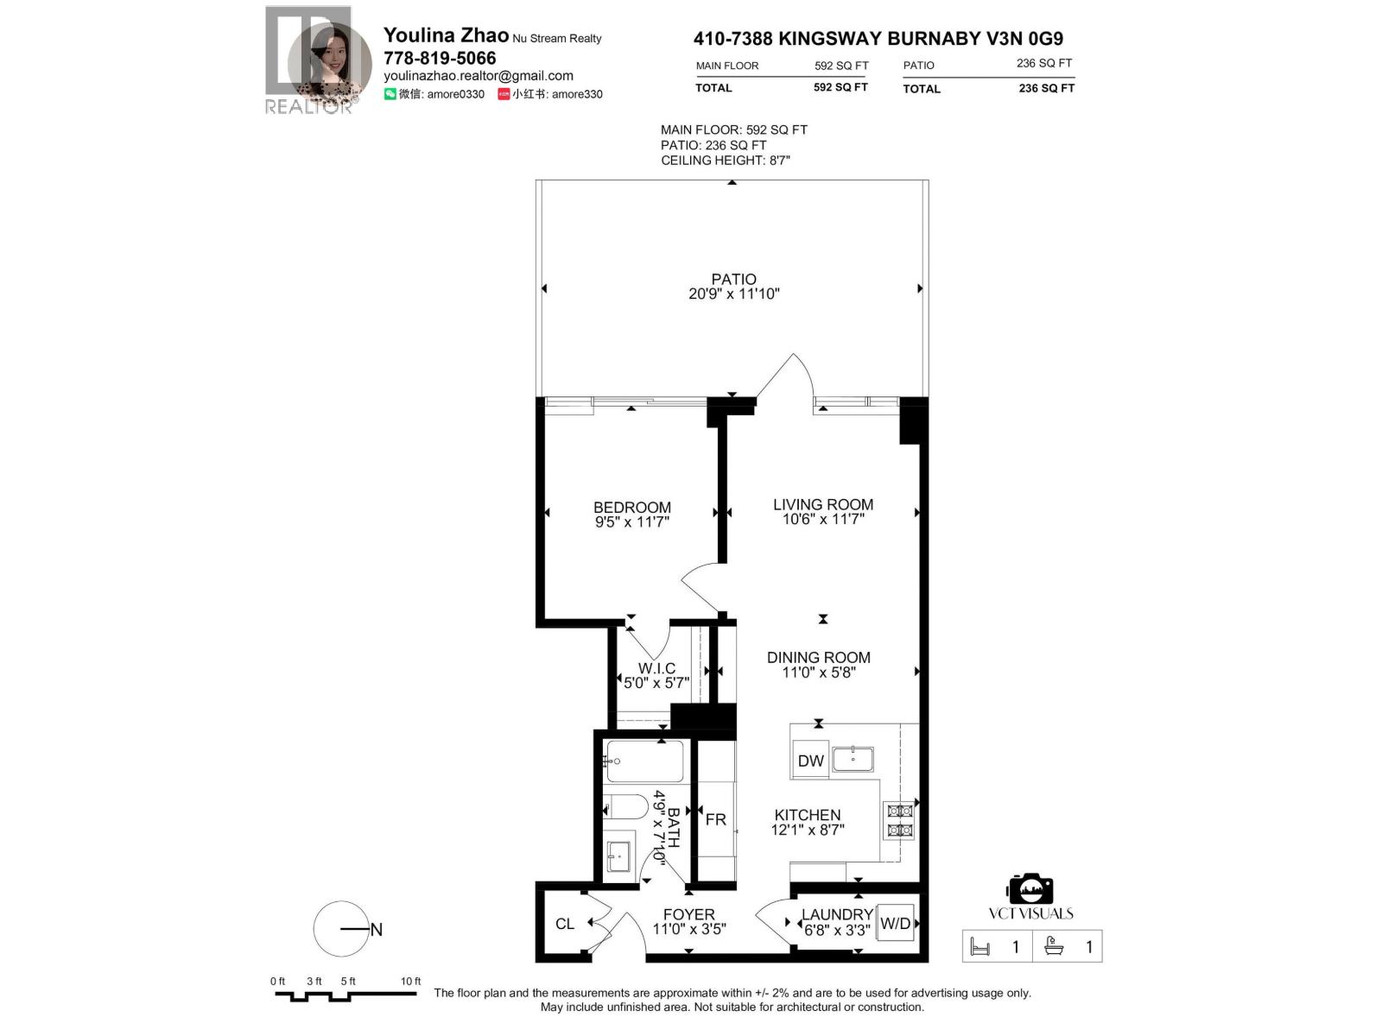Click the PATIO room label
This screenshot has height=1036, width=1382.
click(x=733, y=279)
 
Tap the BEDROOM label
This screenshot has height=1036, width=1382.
click(x=631, y=508)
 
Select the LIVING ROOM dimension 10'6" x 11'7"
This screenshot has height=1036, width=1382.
click(x=822, y=520)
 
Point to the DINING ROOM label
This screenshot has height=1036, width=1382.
click(x=818, y=658)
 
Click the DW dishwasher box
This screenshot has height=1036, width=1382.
click(x=810, y=761)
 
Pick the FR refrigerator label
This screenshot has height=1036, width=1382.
click(x=715, y=819)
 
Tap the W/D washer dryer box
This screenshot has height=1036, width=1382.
click(x=895, y=923)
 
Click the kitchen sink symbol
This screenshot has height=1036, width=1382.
click(x=853, y=759)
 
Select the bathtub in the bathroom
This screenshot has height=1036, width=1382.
click(x=644, y=761)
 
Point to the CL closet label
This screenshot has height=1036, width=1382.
click(x=565, y=924)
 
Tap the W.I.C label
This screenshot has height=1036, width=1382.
click(x=656, y=668)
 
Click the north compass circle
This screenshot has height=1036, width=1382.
click(x=341, y=929)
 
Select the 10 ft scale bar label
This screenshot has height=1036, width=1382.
click(x=410, y=981)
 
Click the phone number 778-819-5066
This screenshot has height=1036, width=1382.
click(x=440, y=58)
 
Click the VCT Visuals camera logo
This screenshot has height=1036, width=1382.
click(x=1030, y=889)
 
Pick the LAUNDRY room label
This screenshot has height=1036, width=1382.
click(x=836, y=914)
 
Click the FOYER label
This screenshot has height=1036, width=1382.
click(x=688, y=914)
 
